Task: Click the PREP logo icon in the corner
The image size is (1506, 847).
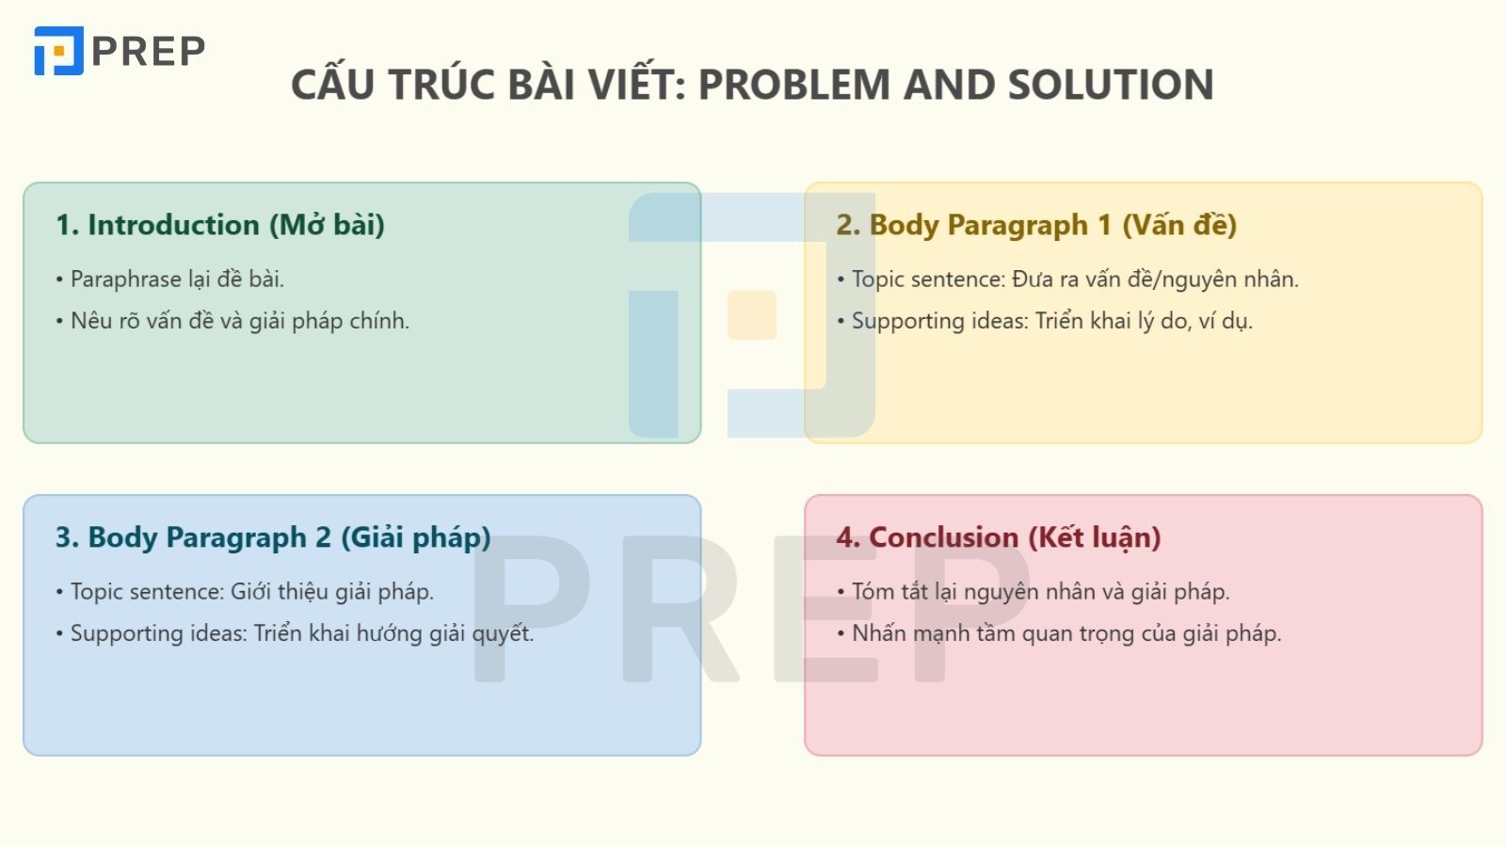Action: pyautogui.click(x=58, y=51)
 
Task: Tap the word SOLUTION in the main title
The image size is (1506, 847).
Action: pyautogui.click(x=1110, y=85)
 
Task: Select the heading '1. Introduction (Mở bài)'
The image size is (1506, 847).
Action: pyautogui.click(x=219, y=225)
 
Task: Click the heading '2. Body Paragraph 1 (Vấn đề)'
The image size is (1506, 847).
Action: pyautogui.click(x=1035, y=225)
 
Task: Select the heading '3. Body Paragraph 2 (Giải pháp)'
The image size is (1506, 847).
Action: pyautogui.click(x=273, y=537)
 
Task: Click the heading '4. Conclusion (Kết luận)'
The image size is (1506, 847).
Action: pyautogui.click(x=998, y=537)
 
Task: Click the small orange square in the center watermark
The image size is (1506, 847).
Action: pyautogui.click(x=751, y=315)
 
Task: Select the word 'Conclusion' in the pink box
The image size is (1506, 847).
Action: pyautogui.click(x=943, y=537)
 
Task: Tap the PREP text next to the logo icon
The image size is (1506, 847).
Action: pyautogui.click(x=149, y=52)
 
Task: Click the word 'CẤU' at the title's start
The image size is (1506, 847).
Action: pyautogui.click(x=333, y=85)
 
